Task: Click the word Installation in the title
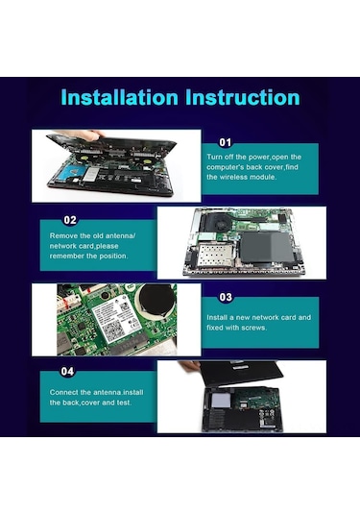(117, 98)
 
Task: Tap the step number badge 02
(70, 219)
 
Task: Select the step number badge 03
(226, 298)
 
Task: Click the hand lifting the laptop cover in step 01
(88, 135)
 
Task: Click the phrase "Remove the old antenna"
(92, 235)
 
